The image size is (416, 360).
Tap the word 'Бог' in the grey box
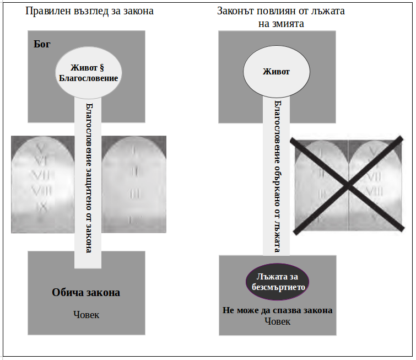click(42, 45)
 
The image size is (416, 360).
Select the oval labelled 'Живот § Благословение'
click(89, 73)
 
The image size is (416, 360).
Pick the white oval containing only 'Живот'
click(276, 72)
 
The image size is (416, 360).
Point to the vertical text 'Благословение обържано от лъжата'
click(277, 176)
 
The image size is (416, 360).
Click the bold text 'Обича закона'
click(86, 293)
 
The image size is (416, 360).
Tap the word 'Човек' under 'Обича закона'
click(87, 315)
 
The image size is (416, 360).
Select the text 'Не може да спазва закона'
click(277, 310)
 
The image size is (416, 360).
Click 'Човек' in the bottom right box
click(277, 321)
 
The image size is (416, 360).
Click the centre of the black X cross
click(348, 186)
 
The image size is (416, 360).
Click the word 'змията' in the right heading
click(289, 24)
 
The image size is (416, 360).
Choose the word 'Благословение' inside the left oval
click(89, 79)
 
